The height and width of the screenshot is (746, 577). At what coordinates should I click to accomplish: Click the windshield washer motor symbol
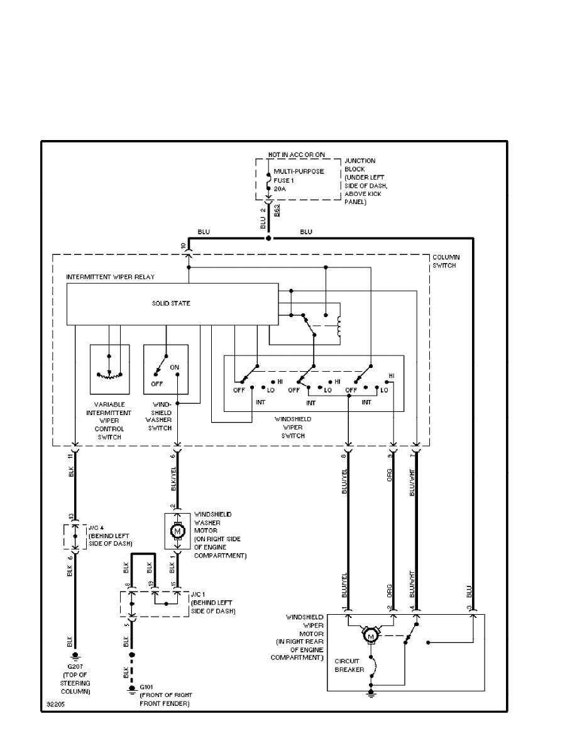click(177, 531)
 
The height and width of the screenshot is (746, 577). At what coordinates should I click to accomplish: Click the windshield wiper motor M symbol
click(370, 637)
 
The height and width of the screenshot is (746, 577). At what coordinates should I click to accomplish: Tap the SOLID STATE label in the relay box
click(171, 304)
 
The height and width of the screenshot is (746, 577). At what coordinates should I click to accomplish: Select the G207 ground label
click(74, 668)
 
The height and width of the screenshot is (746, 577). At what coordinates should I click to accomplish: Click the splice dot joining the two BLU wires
click(268, 239)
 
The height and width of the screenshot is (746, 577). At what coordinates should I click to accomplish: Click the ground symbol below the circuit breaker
click(371, 693)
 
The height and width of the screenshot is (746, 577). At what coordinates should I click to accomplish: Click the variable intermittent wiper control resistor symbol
click(109, 374)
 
